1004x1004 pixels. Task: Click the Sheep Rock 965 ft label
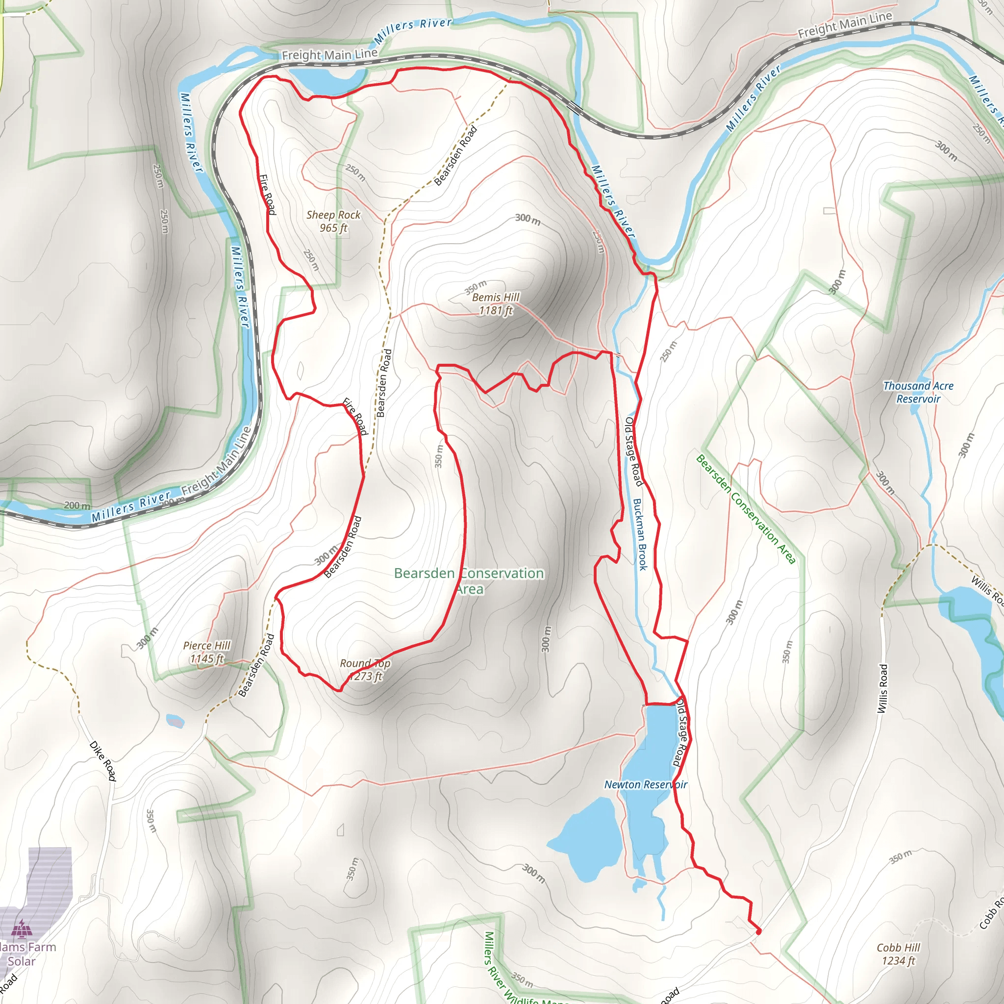click(333, 222)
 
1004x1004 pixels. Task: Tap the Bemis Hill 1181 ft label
click(495, 304)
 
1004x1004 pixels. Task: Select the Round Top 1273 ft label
click(365, 670)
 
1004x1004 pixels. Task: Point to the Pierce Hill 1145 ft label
click(206, 652)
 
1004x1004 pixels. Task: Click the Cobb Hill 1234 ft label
click(898, 954)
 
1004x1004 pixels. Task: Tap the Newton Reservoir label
click(646, 784)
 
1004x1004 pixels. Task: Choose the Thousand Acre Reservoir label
click(918, 392)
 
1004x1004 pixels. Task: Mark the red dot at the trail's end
click(758, 932)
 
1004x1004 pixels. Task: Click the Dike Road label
click(103, 761)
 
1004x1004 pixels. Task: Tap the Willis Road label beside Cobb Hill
click(882, 689)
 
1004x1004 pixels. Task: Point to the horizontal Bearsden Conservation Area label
click(469, 580)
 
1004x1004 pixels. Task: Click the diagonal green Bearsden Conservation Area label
click(746, 509)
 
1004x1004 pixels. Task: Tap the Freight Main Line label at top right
click(845, 25)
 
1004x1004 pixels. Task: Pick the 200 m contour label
click(77, 505)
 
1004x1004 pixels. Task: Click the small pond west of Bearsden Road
click(175, 721)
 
